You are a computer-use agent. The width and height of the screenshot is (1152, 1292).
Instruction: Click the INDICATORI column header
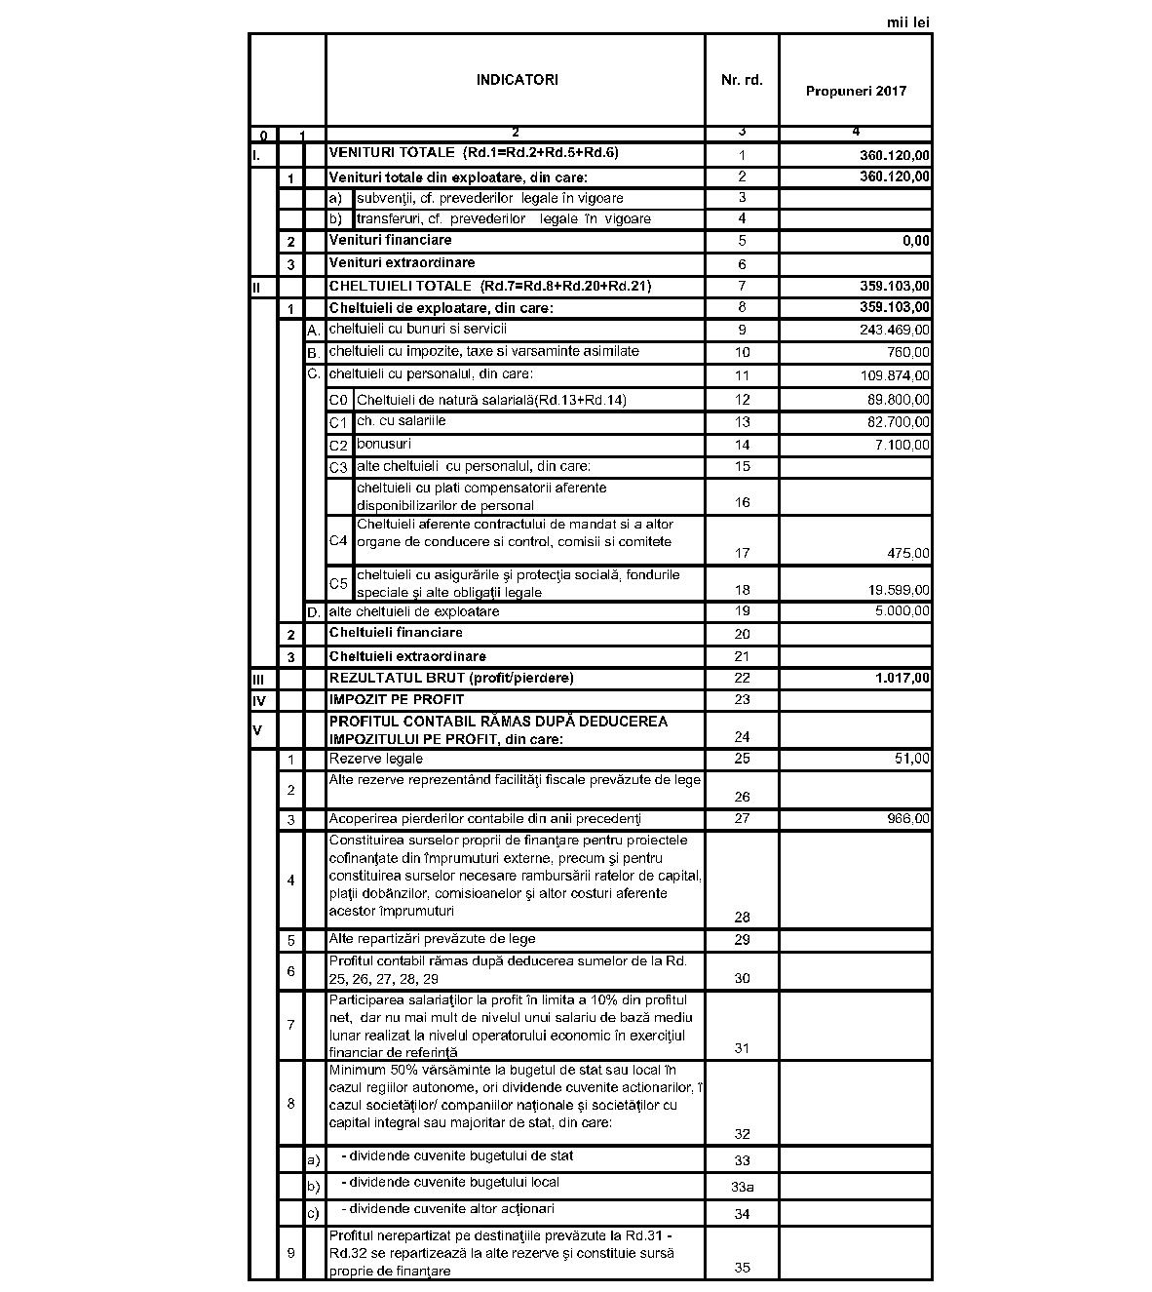point(517,80)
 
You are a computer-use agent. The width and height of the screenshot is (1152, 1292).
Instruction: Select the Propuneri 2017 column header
point(856,91)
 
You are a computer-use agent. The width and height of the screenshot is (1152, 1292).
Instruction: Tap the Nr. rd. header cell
point(742,80)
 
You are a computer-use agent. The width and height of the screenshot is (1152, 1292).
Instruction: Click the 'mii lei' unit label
point(908,21)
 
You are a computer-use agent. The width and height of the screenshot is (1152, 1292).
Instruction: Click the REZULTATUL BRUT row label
point(451,678)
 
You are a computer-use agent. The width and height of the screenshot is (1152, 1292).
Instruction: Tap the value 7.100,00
point(902,445)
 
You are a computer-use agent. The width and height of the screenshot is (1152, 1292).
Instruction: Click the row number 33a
point(742,1188)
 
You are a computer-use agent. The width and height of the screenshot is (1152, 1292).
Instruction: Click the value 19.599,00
point(898,591)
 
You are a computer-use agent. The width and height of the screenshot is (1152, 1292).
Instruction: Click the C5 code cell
point(338,584)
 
